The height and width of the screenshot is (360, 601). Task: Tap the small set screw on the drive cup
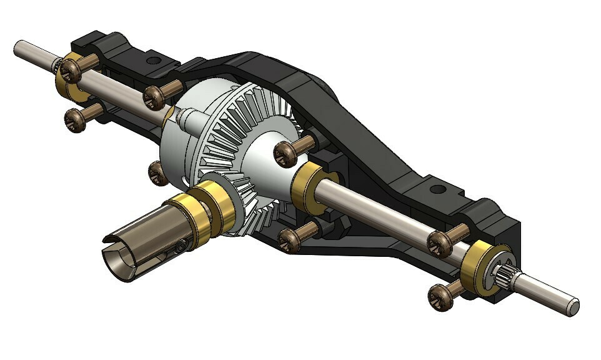pos(180,248)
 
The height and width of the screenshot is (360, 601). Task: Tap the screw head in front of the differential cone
pos(286,153)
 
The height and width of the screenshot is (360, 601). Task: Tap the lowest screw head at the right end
pos(441,294)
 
